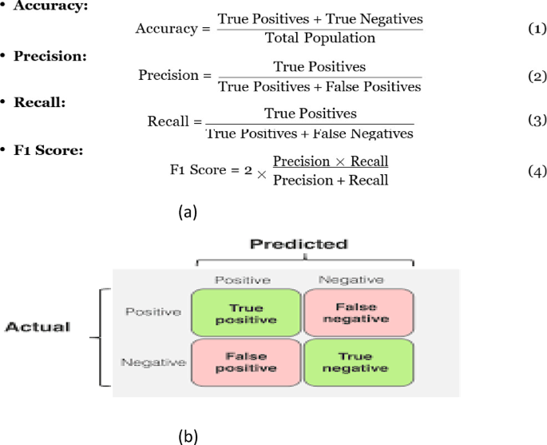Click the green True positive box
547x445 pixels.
tap(245, 313)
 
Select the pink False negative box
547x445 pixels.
tap(359, 312)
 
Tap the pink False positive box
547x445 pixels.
tap(245, 364)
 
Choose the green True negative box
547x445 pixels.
tap(359, 364)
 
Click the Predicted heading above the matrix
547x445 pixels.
tap(299, 244)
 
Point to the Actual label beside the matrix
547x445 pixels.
tap(38, 327)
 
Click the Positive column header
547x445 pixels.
tap(243, 280)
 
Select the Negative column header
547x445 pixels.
tap(351, 280)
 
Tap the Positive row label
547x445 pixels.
tap(153, 312)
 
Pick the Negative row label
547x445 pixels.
tap(153, 363)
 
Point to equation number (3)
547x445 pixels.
tap(537, 121)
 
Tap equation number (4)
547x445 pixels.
tap(537, 170)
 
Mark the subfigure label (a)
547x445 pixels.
tap(188, 211)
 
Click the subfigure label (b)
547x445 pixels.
tap(188, 437)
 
